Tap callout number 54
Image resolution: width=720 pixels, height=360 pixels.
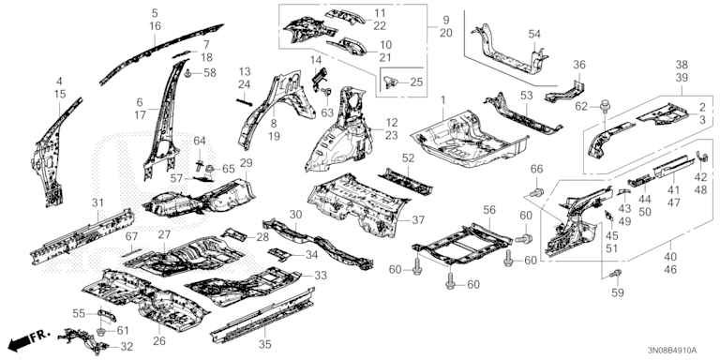(x=534, y=34)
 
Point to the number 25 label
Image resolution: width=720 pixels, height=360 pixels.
(x=416, y=82)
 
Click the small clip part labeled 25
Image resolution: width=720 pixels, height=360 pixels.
(x=390, y=82)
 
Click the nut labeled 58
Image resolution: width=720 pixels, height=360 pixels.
(x=188, y=72)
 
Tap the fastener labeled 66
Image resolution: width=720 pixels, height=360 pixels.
(x=538, y=191)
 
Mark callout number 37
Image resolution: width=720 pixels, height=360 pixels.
(x=418, y=220)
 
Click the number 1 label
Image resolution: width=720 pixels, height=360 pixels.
(x=443, y=99)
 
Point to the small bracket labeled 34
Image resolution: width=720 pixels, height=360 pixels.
(x=279, y=254)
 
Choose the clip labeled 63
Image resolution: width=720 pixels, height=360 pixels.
(x=327, y=93)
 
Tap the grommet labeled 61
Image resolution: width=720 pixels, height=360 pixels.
(x=102, y=330)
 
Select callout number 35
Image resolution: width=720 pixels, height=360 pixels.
(x=265, y=344)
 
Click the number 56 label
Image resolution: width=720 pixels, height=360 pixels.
(x=489, y=210)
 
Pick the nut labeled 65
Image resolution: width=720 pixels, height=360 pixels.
(x=210, y=170)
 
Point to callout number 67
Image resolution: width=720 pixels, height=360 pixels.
(x=131, y=236)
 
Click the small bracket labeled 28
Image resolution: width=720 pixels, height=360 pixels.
(x=234, y=235)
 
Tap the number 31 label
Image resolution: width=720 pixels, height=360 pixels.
(x=97, y=202)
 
